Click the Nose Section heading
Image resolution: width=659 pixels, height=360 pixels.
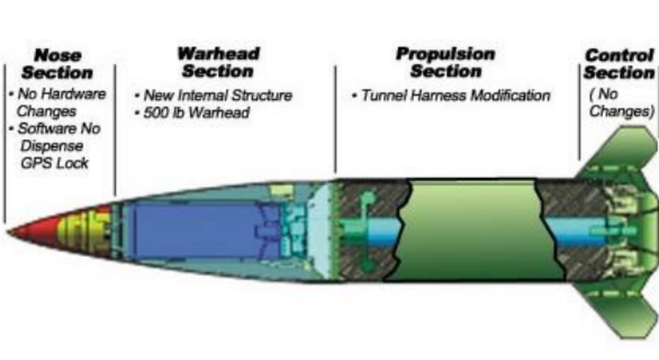pos(57,64)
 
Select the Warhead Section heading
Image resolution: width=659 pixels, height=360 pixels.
pos(218,63)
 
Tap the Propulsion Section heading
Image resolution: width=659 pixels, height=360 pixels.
pos(446,63)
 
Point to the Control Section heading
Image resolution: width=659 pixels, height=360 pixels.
pos(619,64)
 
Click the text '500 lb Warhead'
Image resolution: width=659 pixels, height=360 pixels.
pos(196,113)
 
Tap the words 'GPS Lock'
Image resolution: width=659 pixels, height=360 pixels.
pos(54,163)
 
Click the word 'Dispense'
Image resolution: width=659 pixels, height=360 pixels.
pos(52,146)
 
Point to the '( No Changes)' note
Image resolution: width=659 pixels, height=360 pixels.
pos(621,103)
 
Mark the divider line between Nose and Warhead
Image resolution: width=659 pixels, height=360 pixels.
pos(115,129)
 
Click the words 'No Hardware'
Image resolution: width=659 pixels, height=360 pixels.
pos(61,94)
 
